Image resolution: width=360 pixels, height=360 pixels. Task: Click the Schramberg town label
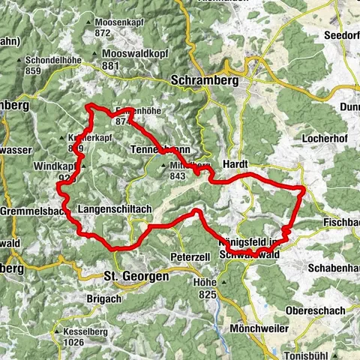pyautogui.click(x=202, y=80)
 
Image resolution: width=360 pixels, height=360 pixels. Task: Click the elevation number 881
pyautogui.click(x=112, y=65)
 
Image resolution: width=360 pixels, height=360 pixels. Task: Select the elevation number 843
pyautogui.click(x=177, y=175)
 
